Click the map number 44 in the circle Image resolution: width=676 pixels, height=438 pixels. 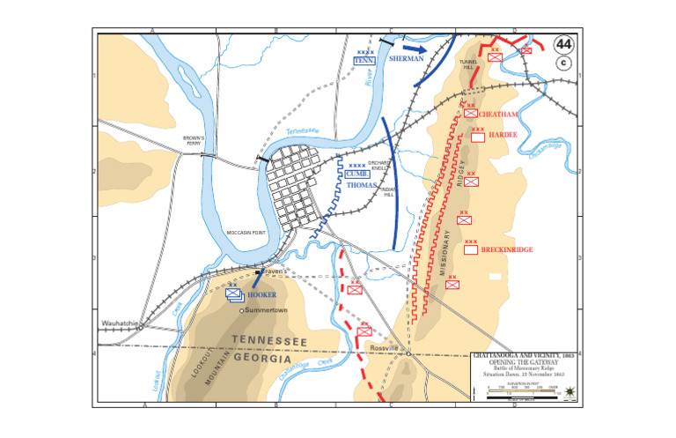point(561,46)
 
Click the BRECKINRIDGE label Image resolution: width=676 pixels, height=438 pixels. point(508,250)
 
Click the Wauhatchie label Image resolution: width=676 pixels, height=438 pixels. point(119,323)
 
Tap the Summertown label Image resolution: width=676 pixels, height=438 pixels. point(267,310)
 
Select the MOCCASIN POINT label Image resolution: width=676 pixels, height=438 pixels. point(247,233)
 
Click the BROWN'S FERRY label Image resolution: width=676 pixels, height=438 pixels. point(194,140)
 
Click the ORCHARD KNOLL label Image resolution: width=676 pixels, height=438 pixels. point(378,166)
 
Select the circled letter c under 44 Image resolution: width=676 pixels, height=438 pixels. point(561,63)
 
